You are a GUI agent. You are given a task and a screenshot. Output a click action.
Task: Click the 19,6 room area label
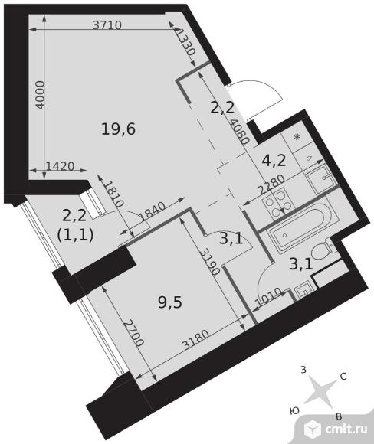tap(119, 129)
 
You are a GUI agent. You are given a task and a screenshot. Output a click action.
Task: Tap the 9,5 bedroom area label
tap(170, 302)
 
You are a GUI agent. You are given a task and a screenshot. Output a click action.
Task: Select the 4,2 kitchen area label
tap(274, 161)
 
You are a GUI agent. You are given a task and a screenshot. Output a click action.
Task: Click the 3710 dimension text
tap(107, 25)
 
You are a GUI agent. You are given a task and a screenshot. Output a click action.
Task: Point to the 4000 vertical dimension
tap(41, 95)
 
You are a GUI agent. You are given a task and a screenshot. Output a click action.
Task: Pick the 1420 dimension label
tap(60, 166)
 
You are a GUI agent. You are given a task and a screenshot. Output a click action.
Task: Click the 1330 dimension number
tap(186, 42)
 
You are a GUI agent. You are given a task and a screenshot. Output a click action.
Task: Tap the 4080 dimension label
tap(240, 132)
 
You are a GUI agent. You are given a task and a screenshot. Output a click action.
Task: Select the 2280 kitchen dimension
tap(271, 184)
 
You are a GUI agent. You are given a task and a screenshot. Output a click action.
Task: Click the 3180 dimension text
tap(195, 340)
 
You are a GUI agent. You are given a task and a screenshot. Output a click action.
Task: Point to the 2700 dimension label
tap(134, 333)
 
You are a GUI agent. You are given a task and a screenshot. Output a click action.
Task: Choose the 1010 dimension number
tap(268, 297)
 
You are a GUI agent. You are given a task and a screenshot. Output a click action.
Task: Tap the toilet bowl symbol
tap(324, 249)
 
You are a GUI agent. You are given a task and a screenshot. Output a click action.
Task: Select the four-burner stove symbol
tap(278, 204)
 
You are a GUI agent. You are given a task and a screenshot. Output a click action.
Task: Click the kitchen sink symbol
tap(319, 178)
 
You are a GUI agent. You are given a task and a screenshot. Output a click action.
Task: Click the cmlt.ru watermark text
tap(346, 429)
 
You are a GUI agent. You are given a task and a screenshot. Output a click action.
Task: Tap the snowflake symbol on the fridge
tap(297, 138)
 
